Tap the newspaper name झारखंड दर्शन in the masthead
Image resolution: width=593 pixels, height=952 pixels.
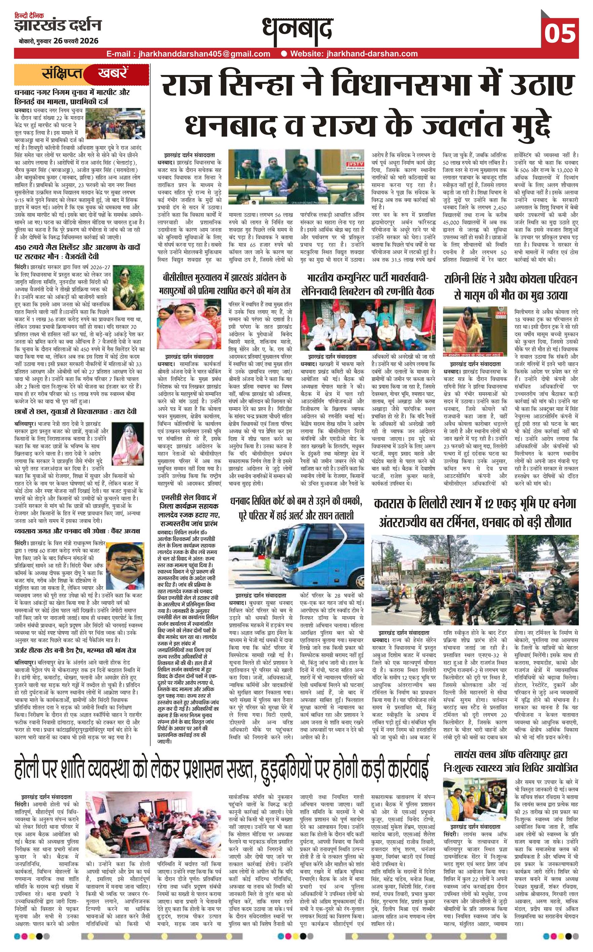(x=58, y=26)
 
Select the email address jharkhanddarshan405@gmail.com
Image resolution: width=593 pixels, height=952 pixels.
(x=188, y=54)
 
